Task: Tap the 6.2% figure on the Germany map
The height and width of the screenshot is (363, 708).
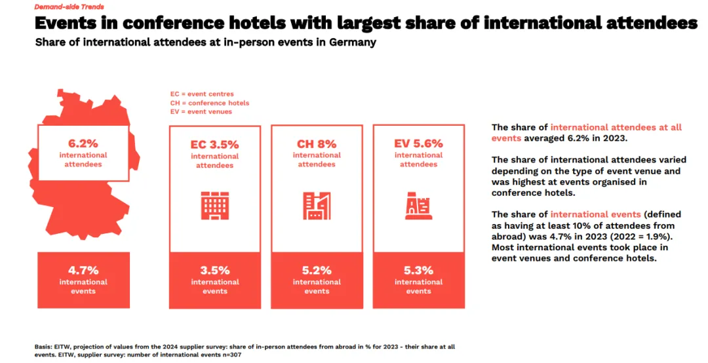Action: pos(83,142)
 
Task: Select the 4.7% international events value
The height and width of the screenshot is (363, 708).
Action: pos(83,269)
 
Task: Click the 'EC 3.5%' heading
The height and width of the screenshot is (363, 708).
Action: pos(214,143)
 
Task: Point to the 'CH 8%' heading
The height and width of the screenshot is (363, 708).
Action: pos(317,143)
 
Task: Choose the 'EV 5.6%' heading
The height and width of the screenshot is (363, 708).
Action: pos(418,143)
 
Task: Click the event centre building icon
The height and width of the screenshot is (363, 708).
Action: pos(214,205)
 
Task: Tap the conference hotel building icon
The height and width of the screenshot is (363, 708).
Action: pos(317,205)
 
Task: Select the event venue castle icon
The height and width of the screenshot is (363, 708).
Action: pos(418,206)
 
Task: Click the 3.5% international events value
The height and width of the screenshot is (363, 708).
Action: pos(214,269)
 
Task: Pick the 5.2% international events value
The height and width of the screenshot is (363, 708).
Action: pos(317,269)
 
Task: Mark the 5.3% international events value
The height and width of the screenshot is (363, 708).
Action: pos(418,269)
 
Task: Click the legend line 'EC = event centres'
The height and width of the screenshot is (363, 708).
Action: pos(202,94)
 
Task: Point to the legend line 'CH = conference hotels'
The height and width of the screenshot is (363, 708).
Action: pos(209,103)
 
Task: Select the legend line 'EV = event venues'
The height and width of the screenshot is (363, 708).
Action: pos(201,111)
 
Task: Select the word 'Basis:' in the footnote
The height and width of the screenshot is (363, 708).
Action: pos(45,346)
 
